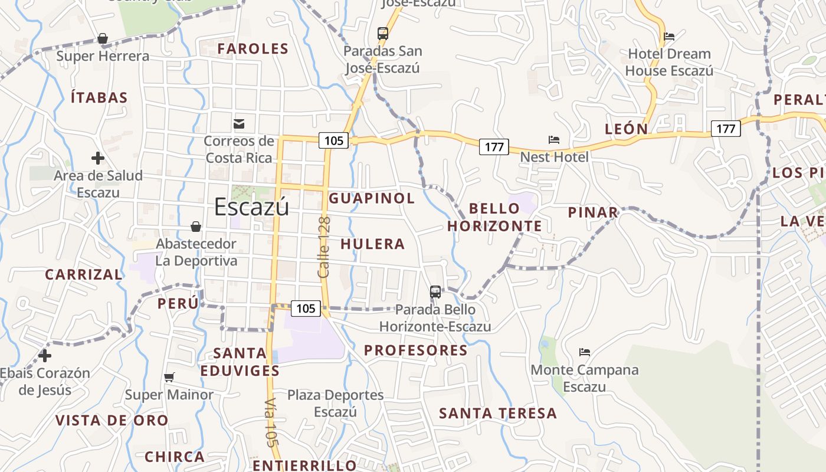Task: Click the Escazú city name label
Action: click(x=251, y=207)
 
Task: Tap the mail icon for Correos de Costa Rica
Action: click(x=239, y=124)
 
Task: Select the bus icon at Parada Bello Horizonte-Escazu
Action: click(x=435, y=291)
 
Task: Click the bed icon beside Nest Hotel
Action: click(x=554, y=140)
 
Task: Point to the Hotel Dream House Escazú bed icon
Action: click(x=669, y=37)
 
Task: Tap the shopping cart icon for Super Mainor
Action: click(x=169, y=377)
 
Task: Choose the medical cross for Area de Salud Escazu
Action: click(x=98, y=158)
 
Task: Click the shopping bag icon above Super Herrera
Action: click(x=103, y=39)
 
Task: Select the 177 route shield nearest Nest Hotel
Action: click(x=494, y=147)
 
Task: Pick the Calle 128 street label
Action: click(x=324, y=247)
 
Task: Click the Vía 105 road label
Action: click(x=271, y=422)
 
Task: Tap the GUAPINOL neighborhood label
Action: click(x=372, y=198)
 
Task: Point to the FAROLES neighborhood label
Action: click(x=253, y=49)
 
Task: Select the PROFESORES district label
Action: click(x=415, y=350)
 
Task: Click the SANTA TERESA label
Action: click(x=498, y=414)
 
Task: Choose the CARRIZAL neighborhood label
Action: click(x=84, y=274)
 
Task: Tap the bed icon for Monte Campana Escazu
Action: click(x=585, y=352)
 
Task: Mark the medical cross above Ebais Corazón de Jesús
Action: click(x=45, y=356)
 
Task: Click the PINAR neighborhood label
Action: click(x=593, y=212)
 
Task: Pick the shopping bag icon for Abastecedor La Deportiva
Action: click(x=196, y=227)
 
